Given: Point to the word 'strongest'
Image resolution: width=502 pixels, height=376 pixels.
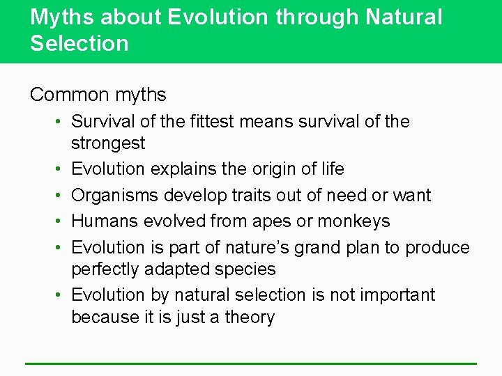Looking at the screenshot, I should pos(108,144).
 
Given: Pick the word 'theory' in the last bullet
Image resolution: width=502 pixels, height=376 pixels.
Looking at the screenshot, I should pos(250,318).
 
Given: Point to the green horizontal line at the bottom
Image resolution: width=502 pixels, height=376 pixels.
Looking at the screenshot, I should pos(251,363).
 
